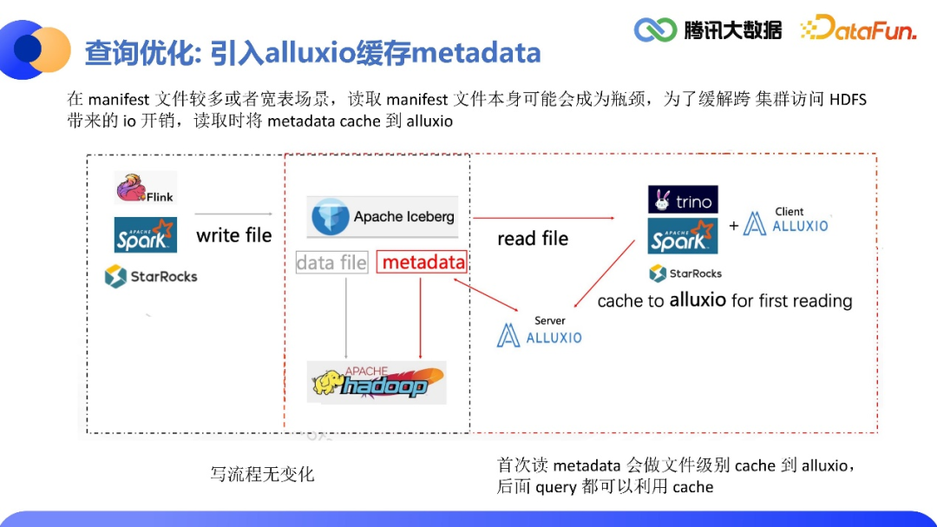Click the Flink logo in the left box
coord(145,188)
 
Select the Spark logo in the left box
coord(146,234)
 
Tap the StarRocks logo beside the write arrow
coord(151,276)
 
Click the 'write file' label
coord(233,235)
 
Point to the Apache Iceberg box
coord(383,216)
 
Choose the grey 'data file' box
coord(331,262)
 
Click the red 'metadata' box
coord(423,262)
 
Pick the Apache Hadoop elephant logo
coord(377,382)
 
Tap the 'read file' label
coord(533,239)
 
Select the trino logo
coord(683,201)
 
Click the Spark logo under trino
coord(683,235)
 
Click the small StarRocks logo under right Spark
coord(685,273)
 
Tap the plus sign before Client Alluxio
coord(734,226)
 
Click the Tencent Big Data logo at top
coord(708,30)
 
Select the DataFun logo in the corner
coord(858,30)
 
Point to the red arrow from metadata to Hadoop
coord(421,316)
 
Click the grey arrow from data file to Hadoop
coord(347,316)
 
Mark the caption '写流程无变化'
coord(262,474)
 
